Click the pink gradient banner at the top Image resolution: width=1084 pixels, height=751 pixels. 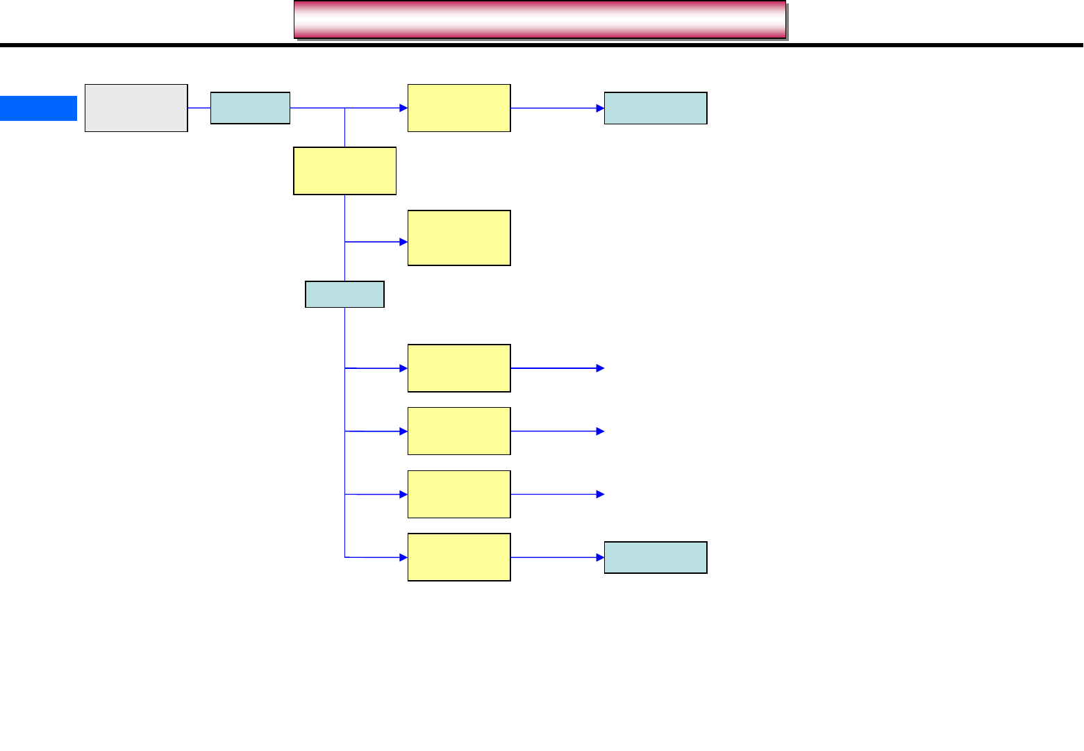540,19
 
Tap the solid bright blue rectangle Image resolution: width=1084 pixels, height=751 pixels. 38,108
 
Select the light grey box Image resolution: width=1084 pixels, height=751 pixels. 136,108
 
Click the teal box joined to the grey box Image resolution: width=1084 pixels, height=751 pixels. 250,108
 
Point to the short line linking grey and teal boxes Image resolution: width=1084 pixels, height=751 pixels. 199,108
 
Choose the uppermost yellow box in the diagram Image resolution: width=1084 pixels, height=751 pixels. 459,108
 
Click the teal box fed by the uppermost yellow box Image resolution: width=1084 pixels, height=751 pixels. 656,108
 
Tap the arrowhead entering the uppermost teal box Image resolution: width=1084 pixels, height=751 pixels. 600,108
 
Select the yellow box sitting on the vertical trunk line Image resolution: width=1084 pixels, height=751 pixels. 344,170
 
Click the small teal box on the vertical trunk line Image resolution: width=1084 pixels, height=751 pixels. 344,295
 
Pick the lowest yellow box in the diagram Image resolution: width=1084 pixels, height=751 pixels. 459,557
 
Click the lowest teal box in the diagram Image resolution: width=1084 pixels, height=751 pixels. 656,557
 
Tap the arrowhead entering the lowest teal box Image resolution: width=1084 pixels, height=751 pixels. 600,557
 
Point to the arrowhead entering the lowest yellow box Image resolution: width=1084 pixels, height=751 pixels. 403,557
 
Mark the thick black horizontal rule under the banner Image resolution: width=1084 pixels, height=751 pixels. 542,45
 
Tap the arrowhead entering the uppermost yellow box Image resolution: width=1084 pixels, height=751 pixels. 403,108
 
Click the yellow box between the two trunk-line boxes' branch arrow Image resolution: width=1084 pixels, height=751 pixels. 459,238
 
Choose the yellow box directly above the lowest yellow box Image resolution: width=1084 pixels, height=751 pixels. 459,494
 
